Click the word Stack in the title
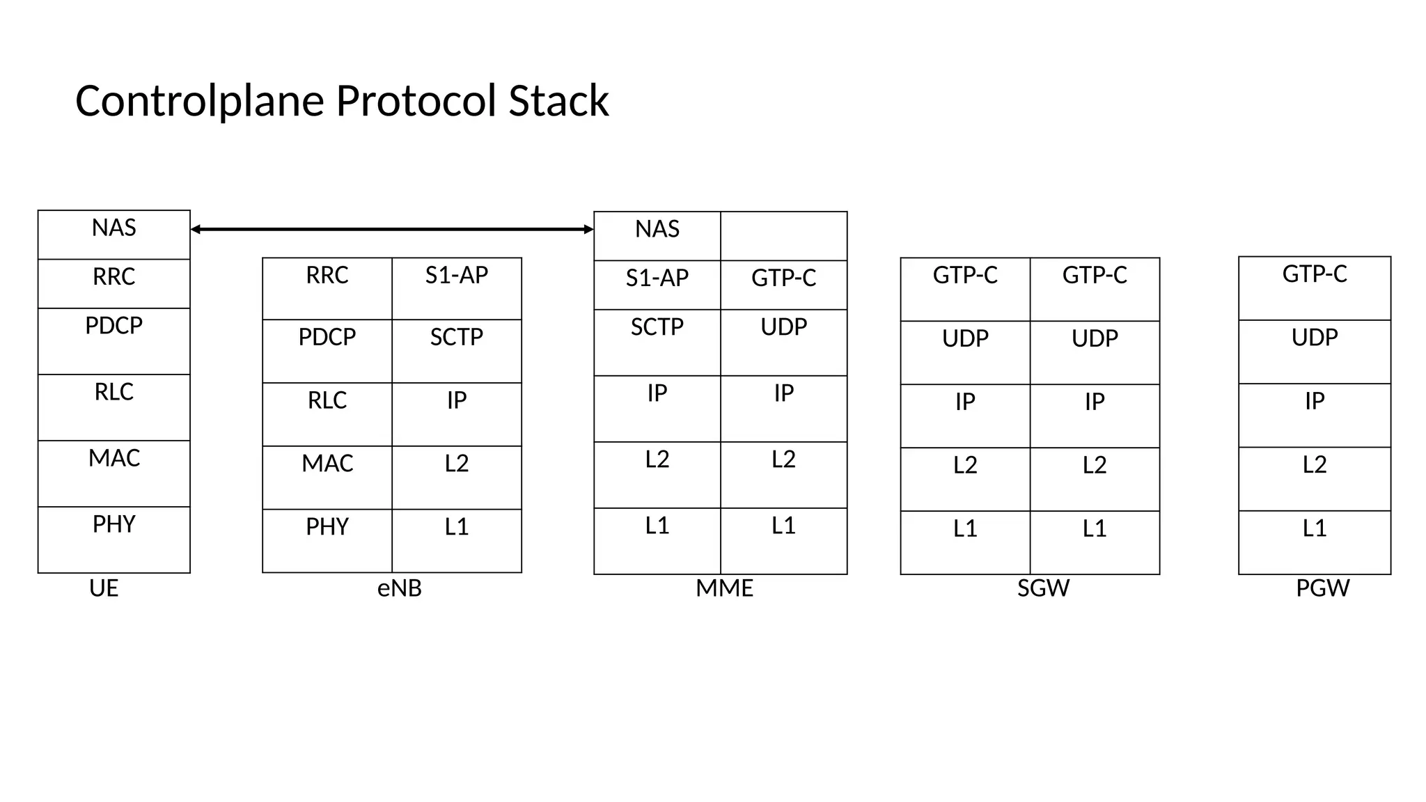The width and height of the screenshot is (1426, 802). [558, 101]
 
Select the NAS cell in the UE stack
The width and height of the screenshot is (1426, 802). [114, 235]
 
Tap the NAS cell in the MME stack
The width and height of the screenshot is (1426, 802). [657, 236]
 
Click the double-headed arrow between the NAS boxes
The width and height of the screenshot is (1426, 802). [391, 229]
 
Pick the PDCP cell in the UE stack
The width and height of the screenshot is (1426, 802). [114, 341]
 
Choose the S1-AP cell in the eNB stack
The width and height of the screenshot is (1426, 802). [457, 288]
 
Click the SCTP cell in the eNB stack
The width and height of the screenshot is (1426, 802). [457, 351]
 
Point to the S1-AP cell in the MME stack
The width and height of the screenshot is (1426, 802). [657, 285]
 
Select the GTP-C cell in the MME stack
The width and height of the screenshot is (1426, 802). [783, 285]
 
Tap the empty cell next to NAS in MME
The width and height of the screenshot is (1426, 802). [783, 236]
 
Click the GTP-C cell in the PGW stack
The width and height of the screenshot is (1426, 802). [1315, 288]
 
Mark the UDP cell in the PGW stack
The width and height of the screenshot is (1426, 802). [1315, 352]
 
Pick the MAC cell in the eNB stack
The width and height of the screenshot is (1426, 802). [327, 478]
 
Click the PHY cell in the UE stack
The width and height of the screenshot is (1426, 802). [114, 540]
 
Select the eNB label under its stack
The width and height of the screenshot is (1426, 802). [399, 588]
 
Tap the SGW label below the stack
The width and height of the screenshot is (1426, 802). [1043, 588]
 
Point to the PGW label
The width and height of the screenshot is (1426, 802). [1322, 588]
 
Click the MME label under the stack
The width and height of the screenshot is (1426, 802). [724, 588]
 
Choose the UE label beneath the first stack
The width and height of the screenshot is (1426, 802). [104, 588]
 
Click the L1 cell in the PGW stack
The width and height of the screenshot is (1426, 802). [1315, 542]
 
